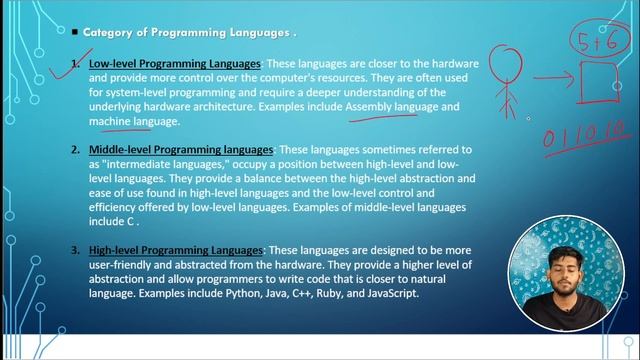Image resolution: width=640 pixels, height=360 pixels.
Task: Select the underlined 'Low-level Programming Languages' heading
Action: pos(174,64)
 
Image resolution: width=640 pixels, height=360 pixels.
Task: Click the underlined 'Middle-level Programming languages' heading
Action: pos(180,150)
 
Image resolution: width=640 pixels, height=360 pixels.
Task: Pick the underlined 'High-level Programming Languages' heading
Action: pos(175,250)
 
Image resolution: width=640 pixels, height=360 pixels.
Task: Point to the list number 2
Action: pos(75,150)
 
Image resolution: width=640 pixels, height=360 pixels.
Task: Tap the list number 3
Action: pos(75,250)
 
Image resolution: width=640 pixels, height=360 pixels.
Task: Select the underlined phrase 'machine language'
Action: pos(133,121)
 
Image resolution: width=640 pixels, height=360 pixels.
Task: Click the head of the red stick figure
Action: pos(507,59)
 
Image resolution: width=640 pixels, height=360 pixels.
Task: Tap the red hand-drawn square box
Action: pos(601,81)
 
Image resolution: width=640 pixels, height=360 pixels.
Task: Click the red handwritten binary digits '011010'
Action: pos(584,134)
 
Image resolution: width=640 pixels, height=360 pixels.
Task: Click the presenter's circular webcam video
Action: pos(567,285)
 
